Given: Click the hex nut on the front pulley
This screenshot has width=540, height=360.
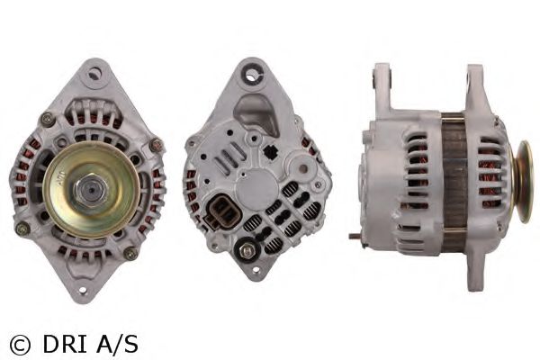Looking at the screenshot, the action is (91, 190).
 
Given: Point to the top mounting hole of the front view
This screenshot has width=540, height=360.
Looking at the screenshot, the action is (94, 74).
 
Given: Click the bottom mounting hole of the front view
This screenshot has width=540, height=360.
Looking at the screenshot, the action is (83, 290).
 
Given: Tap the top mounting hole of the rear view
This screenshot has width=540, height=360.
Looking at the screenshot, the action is (253, 75).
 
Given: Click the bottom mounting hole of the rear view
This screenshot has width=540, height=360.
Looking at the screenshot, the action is (256, 269).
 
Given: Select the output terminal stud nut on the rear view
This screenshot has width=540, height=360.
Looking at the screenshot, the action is (247, 250).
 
